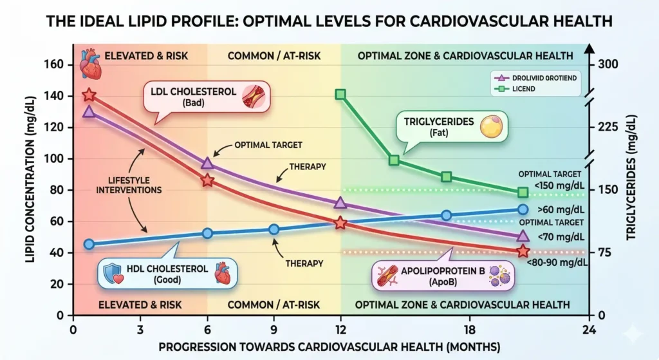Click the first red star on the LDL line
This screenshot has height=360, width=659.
(x=89, y=95)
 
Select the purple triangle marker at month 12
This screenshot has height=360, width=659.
(x=340, y=203)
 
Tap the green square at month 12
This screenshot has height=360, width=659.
(x=340, y=95)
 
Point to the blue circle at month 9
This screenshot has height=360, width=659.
(x=274, y=229)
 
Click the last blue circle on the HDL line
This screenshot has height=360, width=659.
(x=523, y=209)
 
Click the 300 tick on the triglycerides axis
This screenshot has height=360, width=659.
(x=608, y=64)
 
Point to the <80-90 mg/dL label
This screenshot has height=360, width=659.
(x=557, y=262)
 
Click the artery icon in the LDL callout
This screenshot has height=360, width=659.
(x=250, y=96)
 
